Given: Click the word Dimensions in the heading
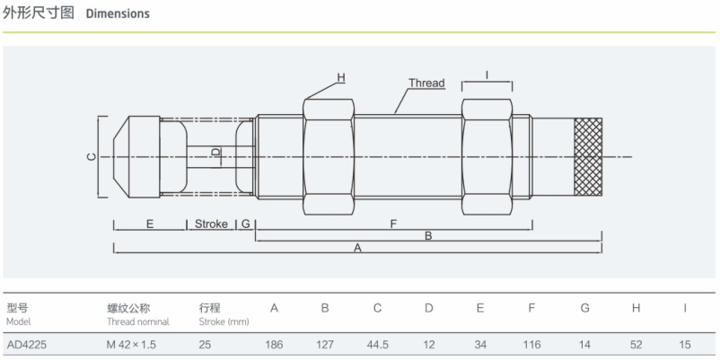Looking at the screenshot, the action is click(x=118, y=13).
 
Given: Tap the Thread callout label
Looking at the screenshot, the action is click(x=426, y=83).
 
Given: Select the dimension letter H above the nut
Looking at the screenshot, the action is click(x=341, y=77).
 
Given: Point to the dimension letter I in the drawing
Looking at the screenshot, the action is click(x=487, y=74).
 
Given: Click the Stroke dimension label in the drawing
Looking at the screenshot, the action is click(x=211, y=224).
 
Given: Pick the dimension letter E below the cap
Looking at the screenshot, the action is click(x=150, y=224).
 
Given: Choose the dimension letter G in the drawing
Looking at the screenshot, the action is click(x=246, y=224).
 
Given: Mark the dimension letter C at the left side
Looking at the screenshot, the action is click(x=92, y=157).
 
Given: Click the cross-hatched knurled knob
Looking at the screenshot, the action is click(x=588, y=157).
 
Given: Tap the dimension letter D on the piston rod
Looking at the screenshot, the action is click(x=216, y=152).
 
